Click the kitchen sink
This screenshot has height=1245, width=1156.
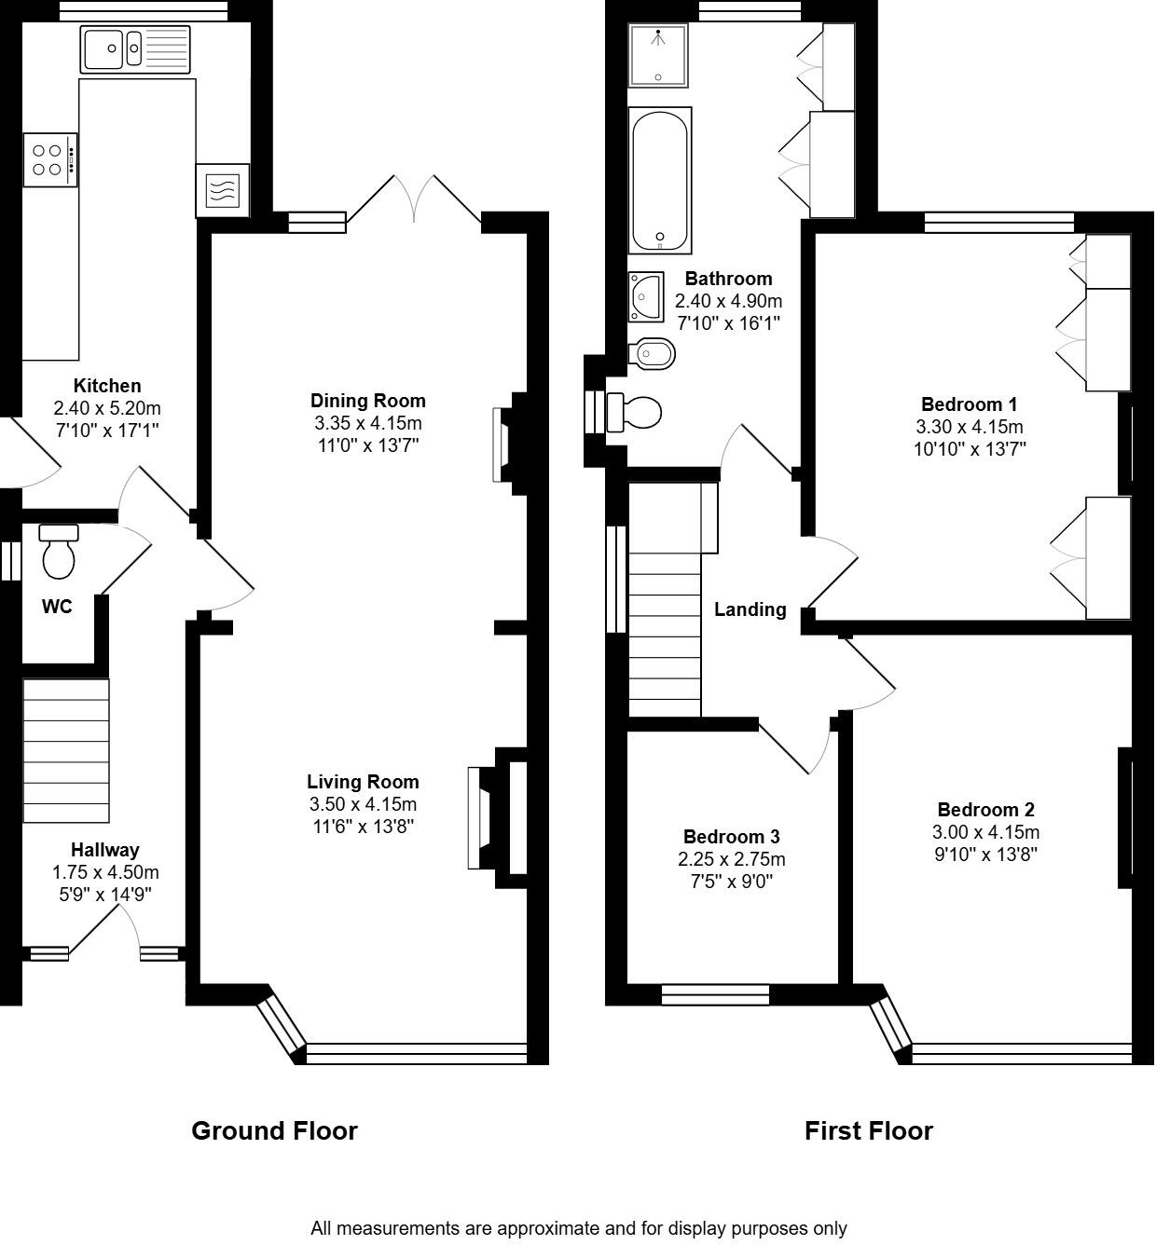click(x=135, y=49)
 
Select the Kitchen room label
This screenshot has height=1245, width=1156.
click(x=107, y=386)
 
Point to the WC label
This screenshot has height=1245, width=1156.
click(x=57, y=607)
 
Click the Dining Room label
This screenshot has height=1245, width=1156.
click(x=367, y=401)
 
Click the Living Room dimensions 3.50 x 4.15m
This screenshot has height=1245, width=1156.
click(x=363, y=804)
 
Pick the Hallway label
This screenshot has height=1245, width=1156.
click(x=105, y=850)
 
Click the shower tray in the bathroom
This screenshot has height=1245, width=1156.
click(x=658, y=55)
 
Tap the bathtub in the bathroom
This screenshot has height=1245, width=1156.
click(x=660, y=180)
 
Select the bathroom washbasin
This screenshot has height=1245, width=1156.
click(x=645, y=296)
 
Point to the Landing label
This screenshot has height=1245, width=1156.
click(x=750, y=609)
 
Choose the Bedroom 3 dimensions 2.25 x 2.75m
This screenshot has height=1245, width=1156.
click(x=731, y=859)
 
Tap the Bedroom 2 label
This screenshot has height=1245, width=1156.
click(x=985, y=810)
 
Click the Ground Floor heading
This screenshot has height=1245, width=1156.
click(x=274, y=1130)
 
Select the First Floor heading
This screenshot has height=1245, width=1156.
click(x=868, y=1130)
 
